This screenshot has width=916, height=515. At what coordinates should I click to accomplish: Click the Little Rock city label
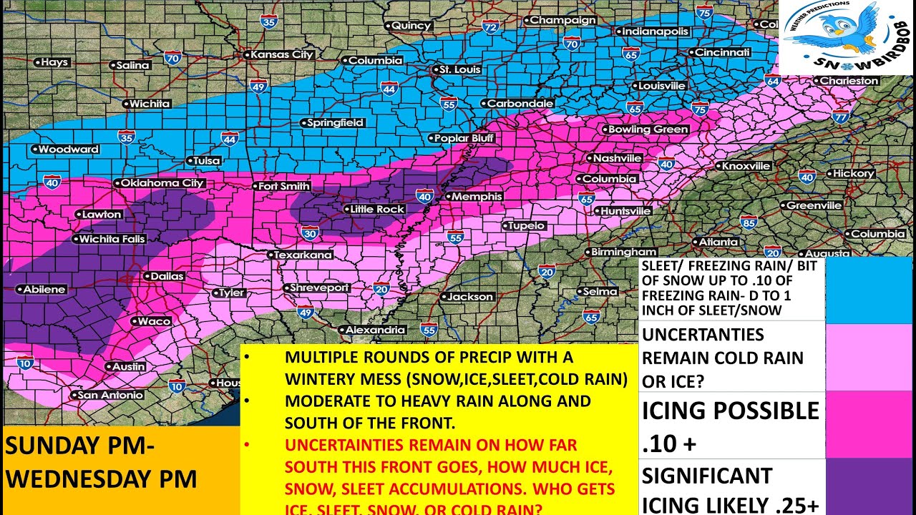point(376,210)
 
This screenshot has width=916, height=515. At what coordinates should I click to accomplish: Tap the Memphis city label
point(474,196)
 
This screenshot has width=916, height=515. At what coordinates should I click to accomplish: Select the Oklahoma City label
point(162,183)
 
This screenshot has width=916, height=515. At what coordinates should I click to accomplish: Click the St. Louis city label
point(458,69)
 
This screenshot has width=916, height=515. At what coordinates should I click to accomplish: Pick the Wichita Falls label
point(112,239)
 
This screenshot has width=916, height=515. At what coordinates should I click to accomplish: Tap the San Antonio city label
point(110,395)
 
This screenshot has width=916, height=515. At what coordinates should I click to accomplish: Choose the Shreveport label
point(320,288)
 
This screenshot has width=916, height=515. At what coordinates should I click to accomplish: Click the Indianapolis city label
point(655,31)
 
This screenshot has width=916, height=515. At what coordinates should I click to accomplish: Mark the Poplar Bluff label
point(464,138)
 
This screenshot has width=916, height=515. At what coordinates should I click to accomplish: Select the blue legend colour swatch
point(869,290)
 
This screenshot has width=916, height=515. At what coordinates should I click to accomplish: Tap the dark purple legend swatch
point(869,486)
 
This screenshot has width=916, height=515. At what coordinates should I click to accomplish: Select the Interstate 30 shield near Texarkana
point(309,233)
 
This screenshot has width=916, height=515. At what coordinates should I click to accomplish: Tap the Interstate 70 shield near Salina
point(172,57)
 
